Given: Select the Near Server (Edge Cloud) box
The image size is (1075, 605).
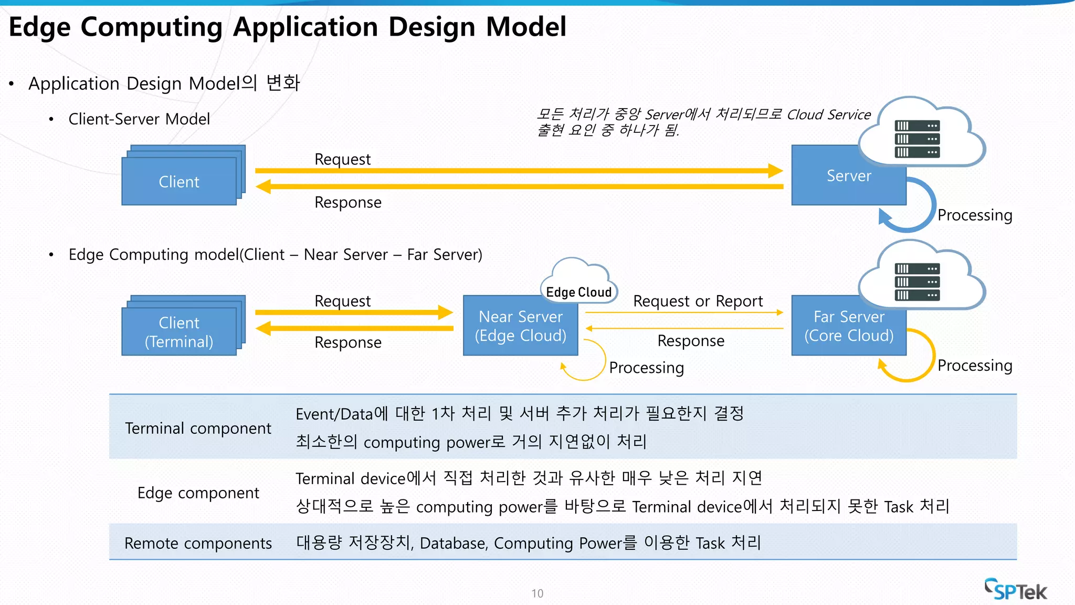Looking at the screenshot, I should pyautogui.click(x=520, y=326).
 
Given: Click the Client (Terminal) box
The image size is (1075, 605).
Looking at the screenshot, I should pyautogui.click(x=179, y=331).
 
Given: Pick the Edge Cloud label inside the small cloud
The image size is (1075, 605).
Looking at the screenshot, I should pyautogui.click(x=578, y=292).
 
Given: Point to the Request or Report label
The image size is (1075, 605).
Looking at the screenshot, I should pyautogui.click(x=698, y=301).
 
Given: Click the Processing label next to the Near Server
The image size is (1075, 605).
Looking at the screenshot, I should pyautogui.click(x=646, y=367).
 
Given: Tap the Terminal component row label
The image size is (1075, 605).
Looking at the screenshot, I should pyautogui.click(x=198, y=428).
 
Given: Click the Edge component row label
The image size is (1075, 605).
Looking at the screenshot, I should pyautogui.click(x=198, y=493).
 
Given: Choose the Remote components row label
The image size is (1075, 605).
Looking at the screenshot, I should pyautogui.click(x=198, y=543).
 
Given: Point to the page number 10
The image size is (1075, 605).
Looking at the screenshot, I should pyautogui.click(x=537, y=593).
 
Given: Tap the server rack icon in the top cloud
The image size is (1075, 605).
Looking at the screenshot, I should pyautogui.click(x=917, y=139).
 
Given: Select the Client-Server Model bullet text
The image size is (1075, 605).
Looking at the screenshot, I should pyautogui.click(x=139, y=119).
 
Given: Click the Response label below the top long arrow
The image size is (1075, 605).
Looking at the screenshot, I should pyautogui.click(x=347, y=202).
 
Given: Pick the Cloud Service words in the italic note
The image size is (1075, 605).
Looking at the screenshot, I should pyautogui.click(x=828, y=114).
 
